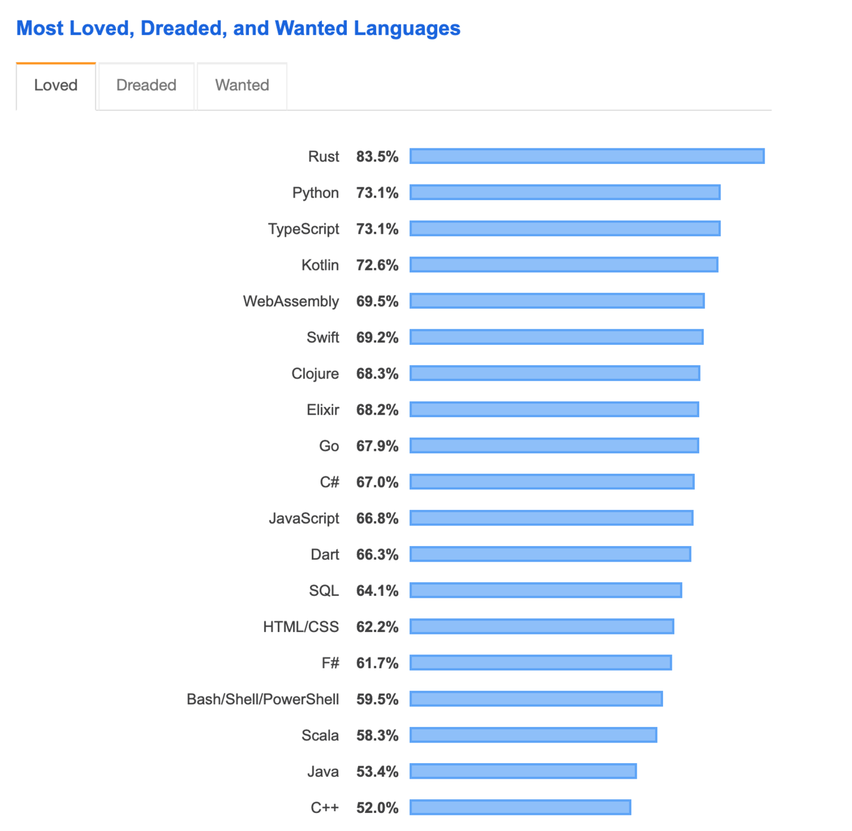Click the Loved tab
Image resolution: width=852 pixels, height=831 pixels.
click(x=56, y=85)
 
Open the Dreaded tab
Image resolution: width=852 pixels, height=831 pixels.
click(x=146, y=85)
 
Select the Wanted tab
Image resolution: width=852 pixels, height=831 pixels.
click(x=242, y=85)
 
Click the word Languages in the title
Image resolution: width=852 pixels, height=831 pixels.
click(x=407, y=28)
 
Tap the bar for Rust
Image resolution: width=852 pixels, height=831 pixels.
click(x=586, y=156)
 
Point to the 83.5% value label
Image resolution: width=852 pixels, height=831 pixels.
click(x=377, y=156)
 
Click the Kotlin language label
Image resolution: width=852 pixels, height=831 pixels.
click(x=320, y=265)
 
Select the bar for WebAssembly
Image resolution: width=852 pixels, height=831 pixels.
click(x=557, y=301)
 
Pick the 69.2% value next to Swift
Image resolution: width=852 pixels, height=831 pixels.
click(x=377, y=337)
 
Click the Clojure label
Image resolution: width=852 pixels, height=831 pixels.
click(x=315, y=373)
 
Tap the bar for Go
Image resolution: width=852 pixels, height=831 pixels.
click(x=554, y=446)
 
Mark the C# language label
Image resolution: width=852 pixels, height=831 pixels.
click(x=329, y=482)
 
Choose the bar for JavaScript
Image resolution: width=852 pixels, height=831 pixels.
click(x=551, y=518)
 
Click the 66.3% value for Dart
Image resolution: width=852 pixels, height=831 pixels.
click(x=377, y=554)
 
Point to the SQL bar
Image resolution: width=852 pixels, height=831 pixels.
click(x=546, y=590)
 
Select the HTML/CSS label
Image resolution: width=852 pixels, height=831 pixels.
click(x=301, y=627)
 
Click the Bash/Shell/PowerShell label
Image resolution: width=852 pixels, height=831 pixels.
click(x=263, y=699)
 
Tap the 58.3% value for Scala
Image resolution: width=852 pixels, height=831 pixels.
click(x=377, y=735)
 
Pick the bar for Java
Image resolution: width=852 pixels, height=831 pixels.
click(x=523, y=771)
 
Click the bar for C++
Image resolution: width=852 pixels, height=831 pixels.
click(x=520, y=807)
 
